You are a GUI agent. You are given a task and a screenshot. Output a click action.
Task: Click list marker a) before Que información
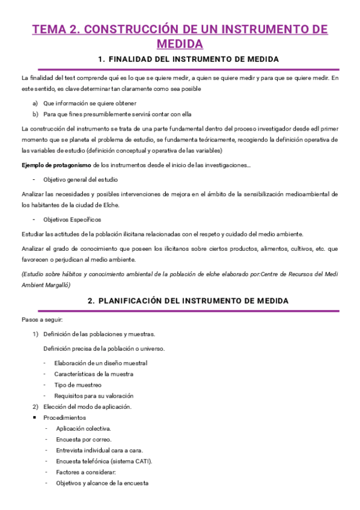(x=35, y=103)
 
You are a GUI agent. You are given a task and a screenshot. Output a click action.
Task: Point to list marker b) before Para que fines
(x=35, y=114)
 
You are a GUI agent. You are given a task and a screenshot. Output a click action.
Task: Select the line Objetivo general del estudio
(x=80, y=179)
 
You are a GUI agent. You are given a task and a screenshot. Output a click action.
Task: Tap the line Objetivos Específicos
(x=73, y=220)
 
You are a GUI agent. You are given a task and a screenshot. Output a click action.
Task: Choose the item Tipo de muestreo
(x=78, y=385)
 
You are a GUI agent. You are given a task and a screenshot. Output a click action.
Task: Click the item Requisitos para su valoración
(x=93, y=396)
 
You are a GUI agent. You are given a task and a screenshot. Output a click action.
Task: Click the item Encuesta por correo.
(x=82, y=439)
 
